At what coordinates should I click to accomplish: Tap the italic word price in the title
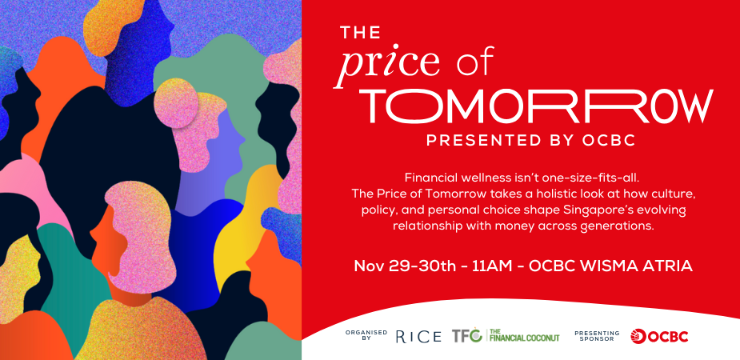coord(388,64)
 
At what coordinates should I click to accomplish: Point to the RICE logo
coord(418,336)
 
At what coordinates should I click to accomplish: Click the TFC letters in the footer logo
coord(466,336)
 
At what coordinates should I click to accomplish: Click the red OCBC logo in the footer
coord(659,336)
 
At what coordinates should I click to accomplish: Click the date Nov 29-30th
coord(392,266)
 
